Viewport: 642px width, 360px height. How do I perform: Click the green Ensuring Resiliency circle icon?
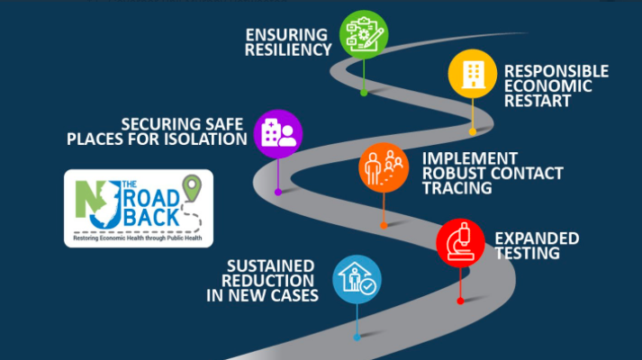[364, 35]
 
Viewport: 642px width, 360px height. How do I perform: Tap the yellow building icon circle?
[473, 74]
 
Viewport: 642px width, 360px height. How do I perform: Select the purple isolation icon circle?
[278, 134]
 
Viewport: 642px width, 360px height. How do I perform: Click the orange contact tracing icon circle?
[384, 167]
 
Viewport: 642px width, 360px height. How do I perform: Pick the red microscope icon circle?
[461, 243]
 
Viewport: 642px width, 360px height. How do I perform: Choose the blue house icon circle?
[357, 280]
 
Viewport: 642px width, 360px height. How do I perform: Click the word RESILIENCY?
[288, 49]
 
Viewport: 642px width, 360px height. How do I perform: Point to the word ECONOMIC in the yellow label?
[548, 85]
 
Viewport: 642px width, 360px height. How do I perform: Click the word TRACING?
[457, 188]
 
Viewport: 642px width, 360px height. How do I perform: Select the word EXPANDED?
[538, 238]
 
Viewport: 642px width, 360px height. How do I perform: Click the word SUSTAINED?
[271, 266]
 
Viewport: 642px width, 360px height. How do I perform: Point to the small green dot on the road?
[364, 93]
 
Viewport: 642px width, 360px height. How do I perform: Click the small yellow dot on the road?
[473, 131]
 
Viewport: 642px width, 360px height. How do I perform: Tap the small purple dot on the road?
[278, 192]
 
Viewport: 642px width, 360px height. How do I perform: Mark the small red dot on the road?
[460, 301]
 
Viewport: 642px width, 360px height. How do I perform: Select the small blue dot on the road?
[357, 337]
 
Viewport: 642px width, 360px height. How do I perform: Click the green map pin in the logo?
[192, 188]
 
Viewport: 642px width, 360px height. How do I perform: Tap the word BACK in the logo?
[151, 218]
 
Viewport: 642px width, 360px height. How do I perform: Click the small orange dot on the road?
[384, 225]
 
